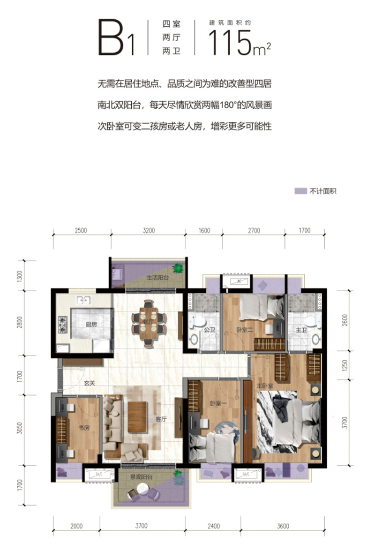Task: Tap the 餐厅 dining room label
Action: pos(149,322)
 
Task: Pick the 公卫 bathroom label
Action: pos(209,329)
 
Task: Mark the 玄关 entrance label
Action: pos(90,383)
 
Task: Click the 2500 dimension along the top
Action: pos(81,230)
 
